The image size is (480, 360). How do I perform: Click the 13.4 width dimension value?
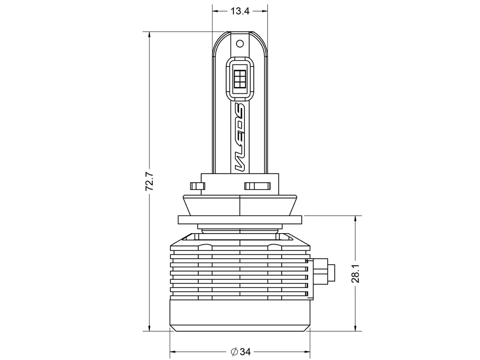[x=240, y=11]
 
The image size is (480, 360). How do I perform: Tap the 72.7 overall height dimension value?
[x=149, y=181]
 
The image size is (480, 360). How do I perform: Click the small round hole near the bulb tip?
[x=240, y=44]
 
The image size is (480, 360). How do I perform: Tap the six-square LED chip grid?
[x=240, y=79]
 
